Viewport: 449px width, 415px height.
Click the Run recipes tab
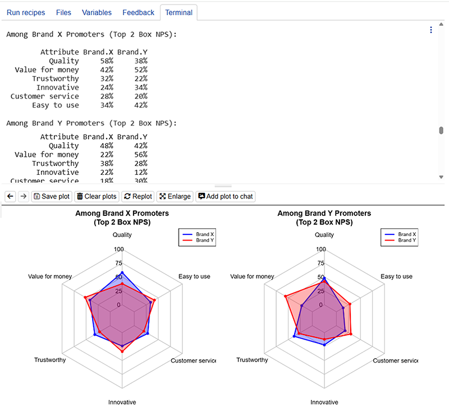pos(25,12)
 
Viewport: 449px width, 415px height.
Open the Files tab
pos(63,12)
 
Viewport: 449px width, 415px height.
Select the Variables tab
pos(97,12)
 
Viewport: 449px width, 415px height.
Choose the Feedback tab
pos(138,12)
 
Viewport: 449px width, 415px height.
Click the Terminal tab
pos(178,12)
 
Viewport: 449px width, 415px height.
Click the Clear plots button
pos(97,196)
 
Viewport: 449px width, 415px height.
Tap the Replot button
pos(138,196)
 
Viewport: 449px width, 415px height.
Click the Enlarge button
pos(175,196)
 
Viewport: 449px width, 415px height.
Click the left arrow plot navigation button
pos(10,196)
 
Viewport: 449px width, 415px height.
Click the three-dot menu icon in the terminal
pos(431,30)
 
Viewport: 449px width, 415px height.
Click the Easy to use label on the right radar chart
pos(396,277)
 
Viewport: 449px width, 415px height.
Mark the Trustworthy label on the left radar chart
pos(50,360)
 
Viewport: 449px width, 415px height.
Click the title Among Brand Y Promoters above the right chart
pos(324,214)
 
